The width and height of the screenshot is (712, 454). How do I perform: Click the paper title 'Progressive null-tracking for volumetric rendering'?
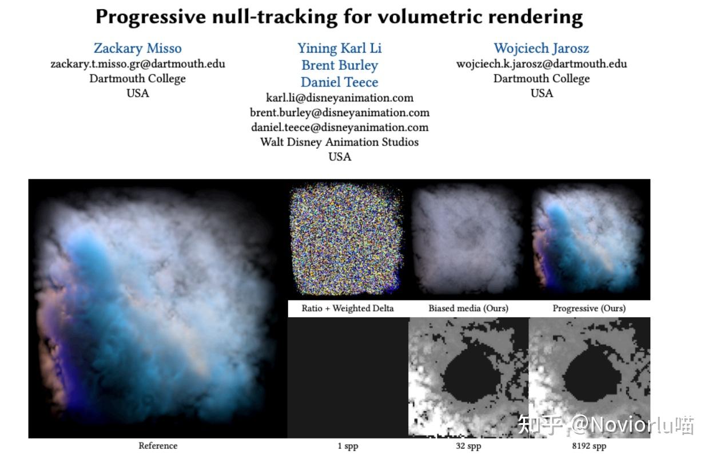pyautogui.click(x=339, y=17)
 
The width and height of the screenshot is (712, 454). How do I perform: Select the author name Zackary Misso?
pyautogui.click(x=137, y=48)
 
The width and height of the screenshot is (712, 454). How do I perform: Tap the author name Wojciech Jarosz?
pyautogui.click(x=541, y=48)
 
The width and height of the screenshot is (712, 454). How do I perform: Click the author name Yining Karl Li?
pyautogui.click(x=340, y=48)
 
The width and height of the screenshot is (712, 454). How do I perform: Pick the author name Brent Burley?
pyautogui.click(x=340, y=65)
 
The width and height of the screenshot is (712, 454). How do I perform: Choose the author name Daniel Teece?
pyautogui.click(x=340, y=82)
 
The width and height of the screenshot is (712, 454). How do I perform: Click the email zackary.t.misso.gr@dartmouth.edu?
pyautogui.click(x=137, y=64)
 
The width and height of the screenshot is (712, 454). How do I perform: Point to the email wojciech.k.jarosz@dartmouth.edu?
pyautogui.click(x=541, y=64)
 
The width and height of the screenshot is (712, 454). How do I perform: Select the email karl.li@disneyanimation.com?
pyautogui.click(x=340, y=97)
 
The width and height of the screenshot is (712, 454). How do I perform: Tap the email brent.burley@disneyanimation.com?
pyautogui.click(x=340, y=112)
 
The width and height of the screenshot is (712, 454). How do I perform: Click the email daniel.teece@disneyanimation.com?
pyautogui.click(x=340, y=127)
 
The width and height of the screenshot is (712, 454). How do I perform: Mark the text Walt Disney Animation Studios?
pyautogui.click(x=340, y=142)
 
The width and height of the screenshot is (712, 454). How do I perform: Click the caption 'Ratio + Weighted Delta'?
pyautogui.click(x=348, y=308)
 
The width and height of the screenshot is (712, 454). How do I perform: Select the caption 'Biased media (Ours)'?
pyautogui.click(x=468, y=308)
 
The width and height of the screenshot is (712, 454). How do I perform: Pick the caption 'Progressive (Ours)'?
pyautogui.click(x=589, y=308)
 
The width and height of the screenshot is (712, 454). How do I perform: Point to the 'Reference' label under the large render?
pyautogui.click(x=158, y=445)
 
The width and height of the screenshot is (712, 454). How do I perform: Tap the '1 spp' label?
pyautogui.click(x=348, y=445)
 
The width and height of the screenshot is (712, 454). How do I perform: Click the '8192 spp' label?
pyautogui.click(x=589, y=445)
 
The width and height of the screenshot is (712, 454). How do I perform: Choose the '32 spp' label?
pyautogui.click(x=468, y=445)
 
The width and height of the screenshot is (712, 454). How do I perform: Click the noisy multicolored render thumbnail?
pyautogui.click(x=347, y=239)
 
